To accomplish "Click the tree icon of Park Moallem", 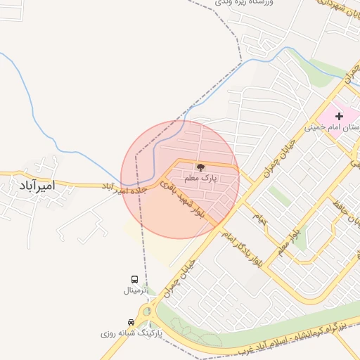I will point(200,167).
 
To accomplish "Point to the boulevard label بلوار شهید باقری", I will point(182,198).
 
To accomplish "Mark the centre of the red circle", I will point(180,179).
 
